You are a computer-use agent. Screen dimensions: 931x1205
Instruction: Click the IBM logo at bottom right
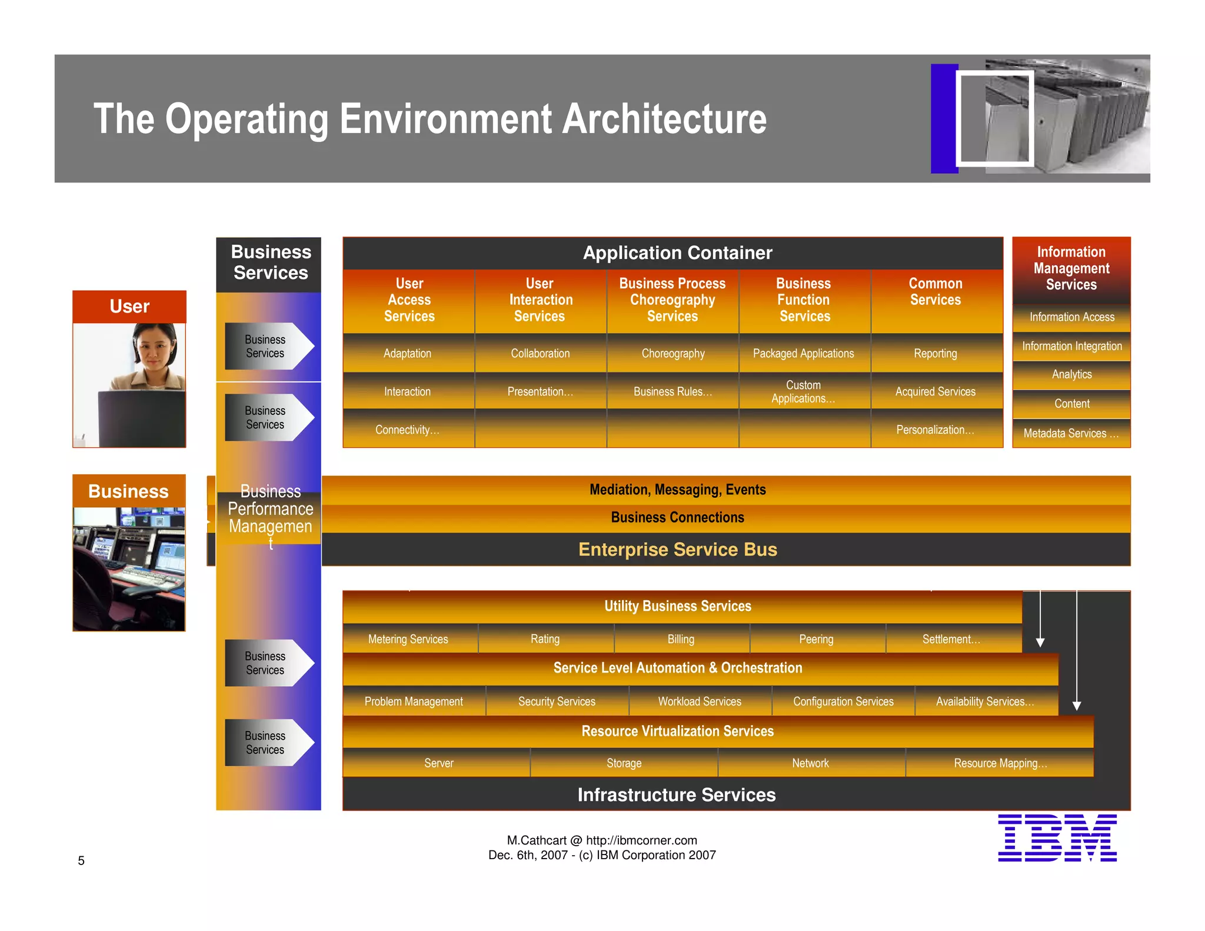(1057, 837)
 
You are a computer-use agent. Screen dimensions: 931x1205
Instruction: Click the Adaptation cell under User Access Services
(407, 353)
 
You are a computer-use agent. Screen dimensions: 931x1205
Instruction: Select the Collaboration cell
(540, 353)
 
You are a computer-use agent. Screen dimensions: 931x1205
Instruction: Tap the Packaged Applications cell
(803, 353)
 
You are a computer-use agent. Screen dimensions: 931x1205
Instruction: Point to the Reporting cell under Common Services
(935, 353)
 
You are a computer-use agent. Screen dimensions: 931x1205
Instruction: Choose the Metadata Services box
(1071, 433)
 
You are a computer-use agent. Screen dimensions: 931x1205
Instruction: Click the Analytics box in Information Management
(1071, 374)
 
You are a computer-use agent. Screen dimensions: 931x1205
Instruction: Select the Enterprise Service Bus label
(677, 549)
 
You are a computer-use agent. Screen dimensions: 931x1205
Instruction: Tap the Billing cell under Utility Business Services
(681, 639)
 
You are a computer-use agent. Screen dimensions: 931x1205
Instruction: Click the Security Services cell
(557, 701)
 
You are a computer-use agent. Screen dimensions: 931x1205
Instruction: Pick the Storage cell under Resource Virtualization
(624, 763)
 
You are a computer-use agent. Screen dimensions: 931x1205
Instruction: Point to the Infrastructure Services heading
(676, 794)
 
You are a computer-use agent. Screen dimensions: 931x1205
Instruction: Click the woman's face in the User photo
(154, 350)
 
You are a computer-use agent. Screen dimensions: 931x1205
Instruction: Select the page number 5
(81, 860)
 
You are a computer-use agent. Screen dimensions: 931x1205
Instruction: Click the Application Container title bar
(677, 253)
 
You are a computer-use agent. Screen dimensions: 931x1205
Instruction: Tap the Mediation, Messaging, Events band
(677, 490)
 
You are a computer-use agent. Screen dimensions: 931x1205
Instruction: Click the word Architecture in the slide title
(664, 119)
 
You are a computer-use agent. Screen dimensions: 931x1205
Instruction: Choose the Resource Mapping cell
(1000, 763)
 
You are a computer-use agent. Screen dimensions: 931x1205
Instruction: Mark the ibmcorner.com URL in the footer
(641, 840)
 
